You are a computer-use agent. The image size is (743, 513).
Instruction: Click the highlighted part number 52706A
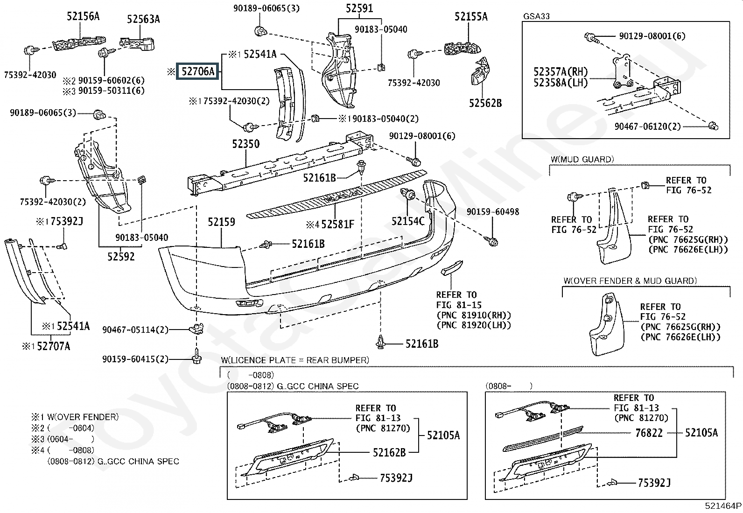click(197, 71)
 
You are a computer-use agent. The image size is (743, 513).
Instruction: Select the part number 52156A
click(83, 16)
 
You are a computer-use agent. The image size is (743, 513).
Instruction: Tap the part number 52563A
click(143, 19)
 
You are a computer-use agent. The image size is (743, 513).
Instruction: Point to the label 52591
click(359, 8)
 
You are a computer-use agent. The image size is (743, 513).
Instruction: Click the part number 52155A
click(471, 17)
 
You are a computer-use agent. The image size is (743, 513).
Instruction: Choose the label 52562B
click(485, 103)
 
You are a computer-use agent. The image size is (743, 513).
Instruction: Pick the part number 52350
click(245, 144)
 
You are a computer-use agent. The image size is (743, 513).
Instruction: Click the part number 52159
click(221, 222)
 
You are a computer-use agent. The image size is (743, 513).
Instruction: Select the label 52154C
click(408, 221)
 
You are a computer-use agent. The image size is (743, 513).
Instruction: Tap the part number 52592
click(121, 256)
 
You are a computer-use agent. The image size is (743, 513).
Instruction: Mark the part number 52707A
click(54, 346)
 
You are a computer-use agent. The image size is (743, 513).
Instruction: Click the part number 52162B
click(389, 452)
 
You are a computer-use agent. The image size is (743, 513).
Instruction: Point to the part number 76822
click(649, 433)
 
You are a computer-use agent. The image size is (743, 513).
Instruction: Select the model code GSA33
click(536, 16)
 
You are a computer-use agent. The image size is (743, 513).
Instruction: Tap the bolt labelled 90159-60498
click(493, 242)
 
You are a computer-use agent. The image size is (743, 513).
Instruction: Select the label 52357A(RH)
click(561, 72)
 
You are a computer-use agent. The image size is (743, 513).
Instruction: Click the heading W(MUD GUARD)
click(582, 159)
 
